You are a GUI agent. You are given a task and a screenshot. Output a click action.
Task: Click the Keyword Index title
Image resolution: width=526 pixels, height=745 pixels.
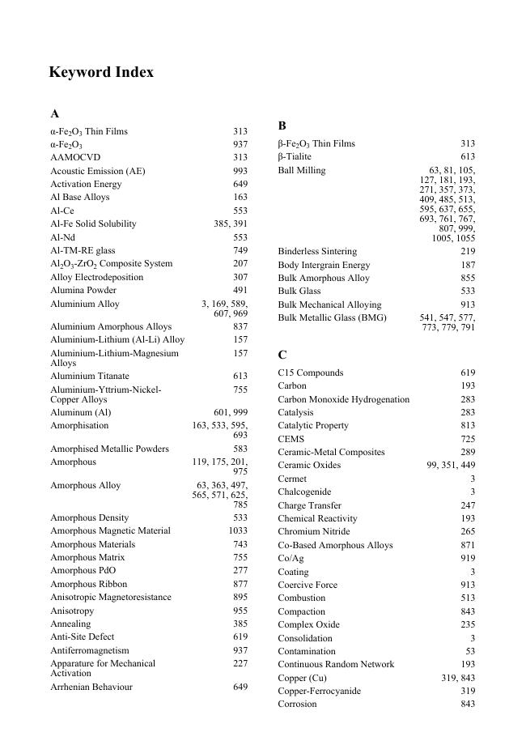point(101,73)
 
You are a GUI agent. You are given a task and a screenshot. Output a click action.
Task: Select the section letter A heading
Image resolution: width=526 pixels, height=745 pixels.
point(54,114)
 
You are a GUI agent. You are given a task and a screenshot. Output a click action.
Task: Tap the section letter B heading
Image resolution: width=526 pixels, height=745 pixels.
point(282,126)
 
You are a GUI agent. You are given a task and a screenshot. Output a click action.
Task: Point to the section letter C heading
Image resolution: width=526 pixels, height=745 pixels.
point(282,355)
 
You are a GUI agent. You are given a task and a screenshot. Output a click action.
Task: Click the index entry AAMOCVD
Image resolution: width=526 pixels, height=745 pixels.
point(75,157)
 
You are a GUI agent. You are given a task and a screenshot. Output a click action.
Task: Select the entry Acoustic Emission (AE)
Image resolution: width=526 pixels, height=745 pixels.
point(98,171)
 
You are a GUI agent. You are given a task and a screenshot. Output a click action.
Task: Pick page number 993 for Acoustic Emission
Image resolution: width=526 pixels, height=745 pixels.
point(240,171)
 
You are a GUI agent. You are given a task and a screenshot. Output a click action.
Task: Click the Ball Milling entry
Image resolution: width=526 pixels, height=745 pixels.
point(302,170)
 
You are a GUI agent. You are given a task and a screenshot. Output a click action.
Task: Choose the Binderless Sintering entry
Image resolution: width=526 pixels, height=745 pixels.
point(317,251)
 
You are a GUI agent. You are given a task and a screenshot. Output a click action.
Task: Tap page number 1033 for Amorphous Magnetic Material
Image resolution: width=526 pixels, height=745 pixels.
point(237,530)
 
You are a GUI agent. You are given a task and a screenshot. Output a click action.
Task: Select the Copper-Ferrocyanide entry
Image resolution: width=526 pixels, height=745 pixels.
point(319,691)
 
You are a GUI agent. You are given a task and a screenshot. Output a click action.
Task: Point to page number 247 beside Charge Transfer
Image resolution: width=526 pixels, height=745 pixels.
point(468,505)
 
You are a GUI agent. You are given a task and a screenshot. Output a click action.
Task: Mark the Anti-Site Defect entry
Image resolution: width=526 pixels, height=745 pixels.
point(83,637)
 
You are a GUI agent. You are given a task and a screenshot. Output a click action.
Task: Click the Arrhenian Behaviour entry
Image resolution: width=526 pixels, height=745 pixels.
point(91,687)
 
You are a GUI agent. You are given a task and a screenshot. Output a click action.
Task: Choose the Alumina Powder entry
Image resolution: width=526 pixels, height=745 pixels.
point(83,290)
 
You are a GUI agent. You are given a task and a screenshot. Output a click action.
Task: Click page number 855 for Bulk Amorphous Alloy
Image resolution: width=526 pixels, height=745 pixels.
point(468,278)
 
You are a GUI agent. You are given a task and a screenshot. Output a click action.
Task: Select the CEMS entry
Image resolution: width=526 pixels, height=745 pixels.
point(291,439)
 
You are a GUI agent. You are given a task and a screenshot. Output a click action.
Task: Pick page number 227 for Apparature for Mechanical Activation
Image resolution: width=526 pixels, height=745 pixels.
point(240,663)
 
